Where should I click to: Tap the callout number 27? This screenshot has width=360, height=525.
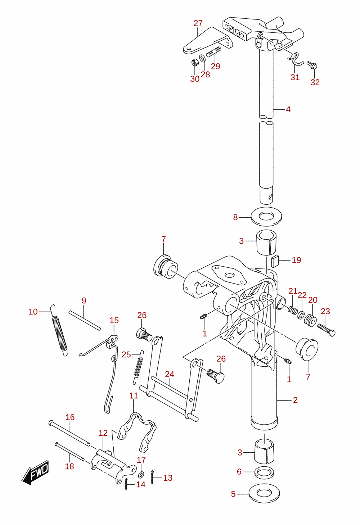(198, 23)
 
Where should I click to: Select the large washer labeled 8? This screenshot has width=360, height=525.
(266, 217)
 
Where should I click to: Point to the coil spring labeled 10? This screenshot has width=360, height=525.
(59, 330)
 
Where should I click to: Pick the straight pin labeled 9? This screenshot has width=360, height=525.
(85, 320)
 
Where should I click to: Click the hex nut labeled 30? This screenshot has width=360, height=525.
(194, 63)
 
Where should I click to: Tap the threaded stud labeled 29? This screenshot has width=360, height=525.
(213, 52)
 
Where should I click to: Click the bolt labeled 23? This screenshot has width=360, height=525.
(327, 330)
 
